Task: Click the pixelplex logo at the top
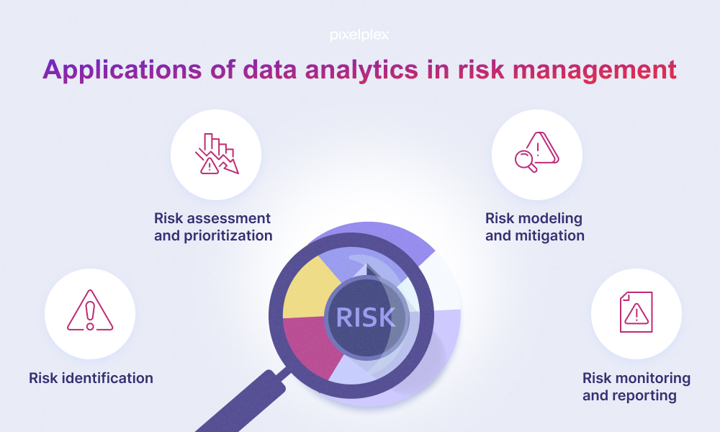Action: (359, 35)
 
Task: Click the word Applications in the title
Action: (122, 71)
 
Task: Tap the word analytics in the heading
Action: (361, 71)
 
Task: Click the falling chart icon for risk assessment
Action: (216, 154)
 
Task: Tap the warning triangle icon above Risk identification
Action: (90, 310)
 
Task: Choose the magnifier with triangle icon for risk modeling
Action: (537, 152)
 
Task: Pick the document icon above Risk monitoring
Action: (636, 312)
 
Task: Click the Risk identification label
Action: (91, 378)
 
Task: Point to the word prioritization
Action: (228, 236)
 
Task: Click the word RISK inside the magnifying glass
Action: (366, 318)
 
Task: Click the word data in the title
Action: (270, 71)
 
